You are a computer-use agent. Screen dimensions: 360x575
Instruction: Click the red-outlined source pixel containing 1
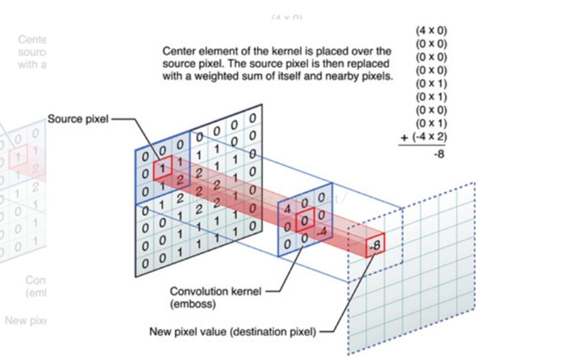coord(162,167)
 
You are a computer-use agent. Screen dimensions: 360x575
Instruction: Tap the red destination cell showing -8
coord(374,245)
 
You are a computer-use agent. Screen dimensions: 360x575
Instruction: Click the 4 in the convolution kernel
coord(287,210)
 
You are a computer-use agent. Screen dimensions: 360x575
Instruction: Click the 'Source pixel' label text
coord(78,119)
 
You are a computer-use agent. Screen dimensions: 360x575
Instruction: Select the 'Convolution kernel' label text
coord(216,291)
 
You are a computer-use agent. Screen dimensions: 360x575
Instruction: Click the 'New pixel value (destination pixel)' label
coord(233,332)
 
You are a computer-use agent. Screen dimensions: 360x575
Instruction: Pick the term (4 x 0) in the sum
coord(431,31)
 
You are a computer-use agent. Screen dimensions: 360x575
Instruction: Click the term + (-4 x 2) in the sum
coord(424,136)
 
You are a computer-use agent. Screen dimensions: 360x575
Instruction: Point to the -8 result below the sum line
coord(439,154)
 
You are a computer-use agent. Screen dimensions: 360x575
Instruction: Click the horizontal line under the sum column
coord(423,146)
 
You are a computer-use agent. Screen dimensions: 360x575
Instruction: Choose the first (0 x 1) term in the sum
coord(431,83)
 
